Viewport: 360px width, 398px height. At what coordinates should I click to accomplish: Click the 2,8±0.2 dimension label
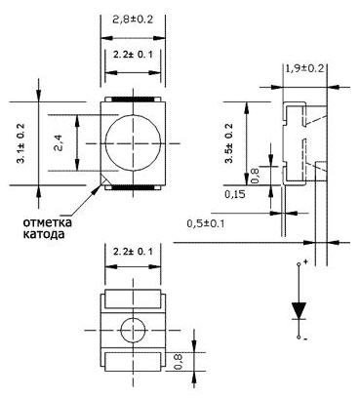133,20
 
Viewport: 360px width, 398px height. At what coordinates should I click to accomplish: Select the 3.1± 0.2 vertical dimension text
21,143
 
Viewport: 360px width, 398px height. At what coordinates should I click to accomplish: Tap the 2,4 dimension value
60,143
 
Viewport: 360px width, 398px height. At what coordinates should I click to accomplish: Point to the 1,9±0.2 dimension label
305,68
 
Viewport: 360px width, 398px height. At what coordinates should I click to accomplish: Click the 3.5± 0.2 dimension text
229,143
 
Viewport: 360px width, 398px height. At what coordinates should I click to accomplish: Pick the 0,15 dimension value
235,194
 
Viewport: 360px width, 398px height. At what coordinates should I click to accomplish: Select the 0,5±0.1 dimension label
206,223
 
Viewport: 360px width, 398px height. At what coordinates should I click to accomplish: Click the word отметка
48,222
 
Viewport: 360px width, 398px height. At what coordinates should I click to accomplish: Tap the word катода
43,234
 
